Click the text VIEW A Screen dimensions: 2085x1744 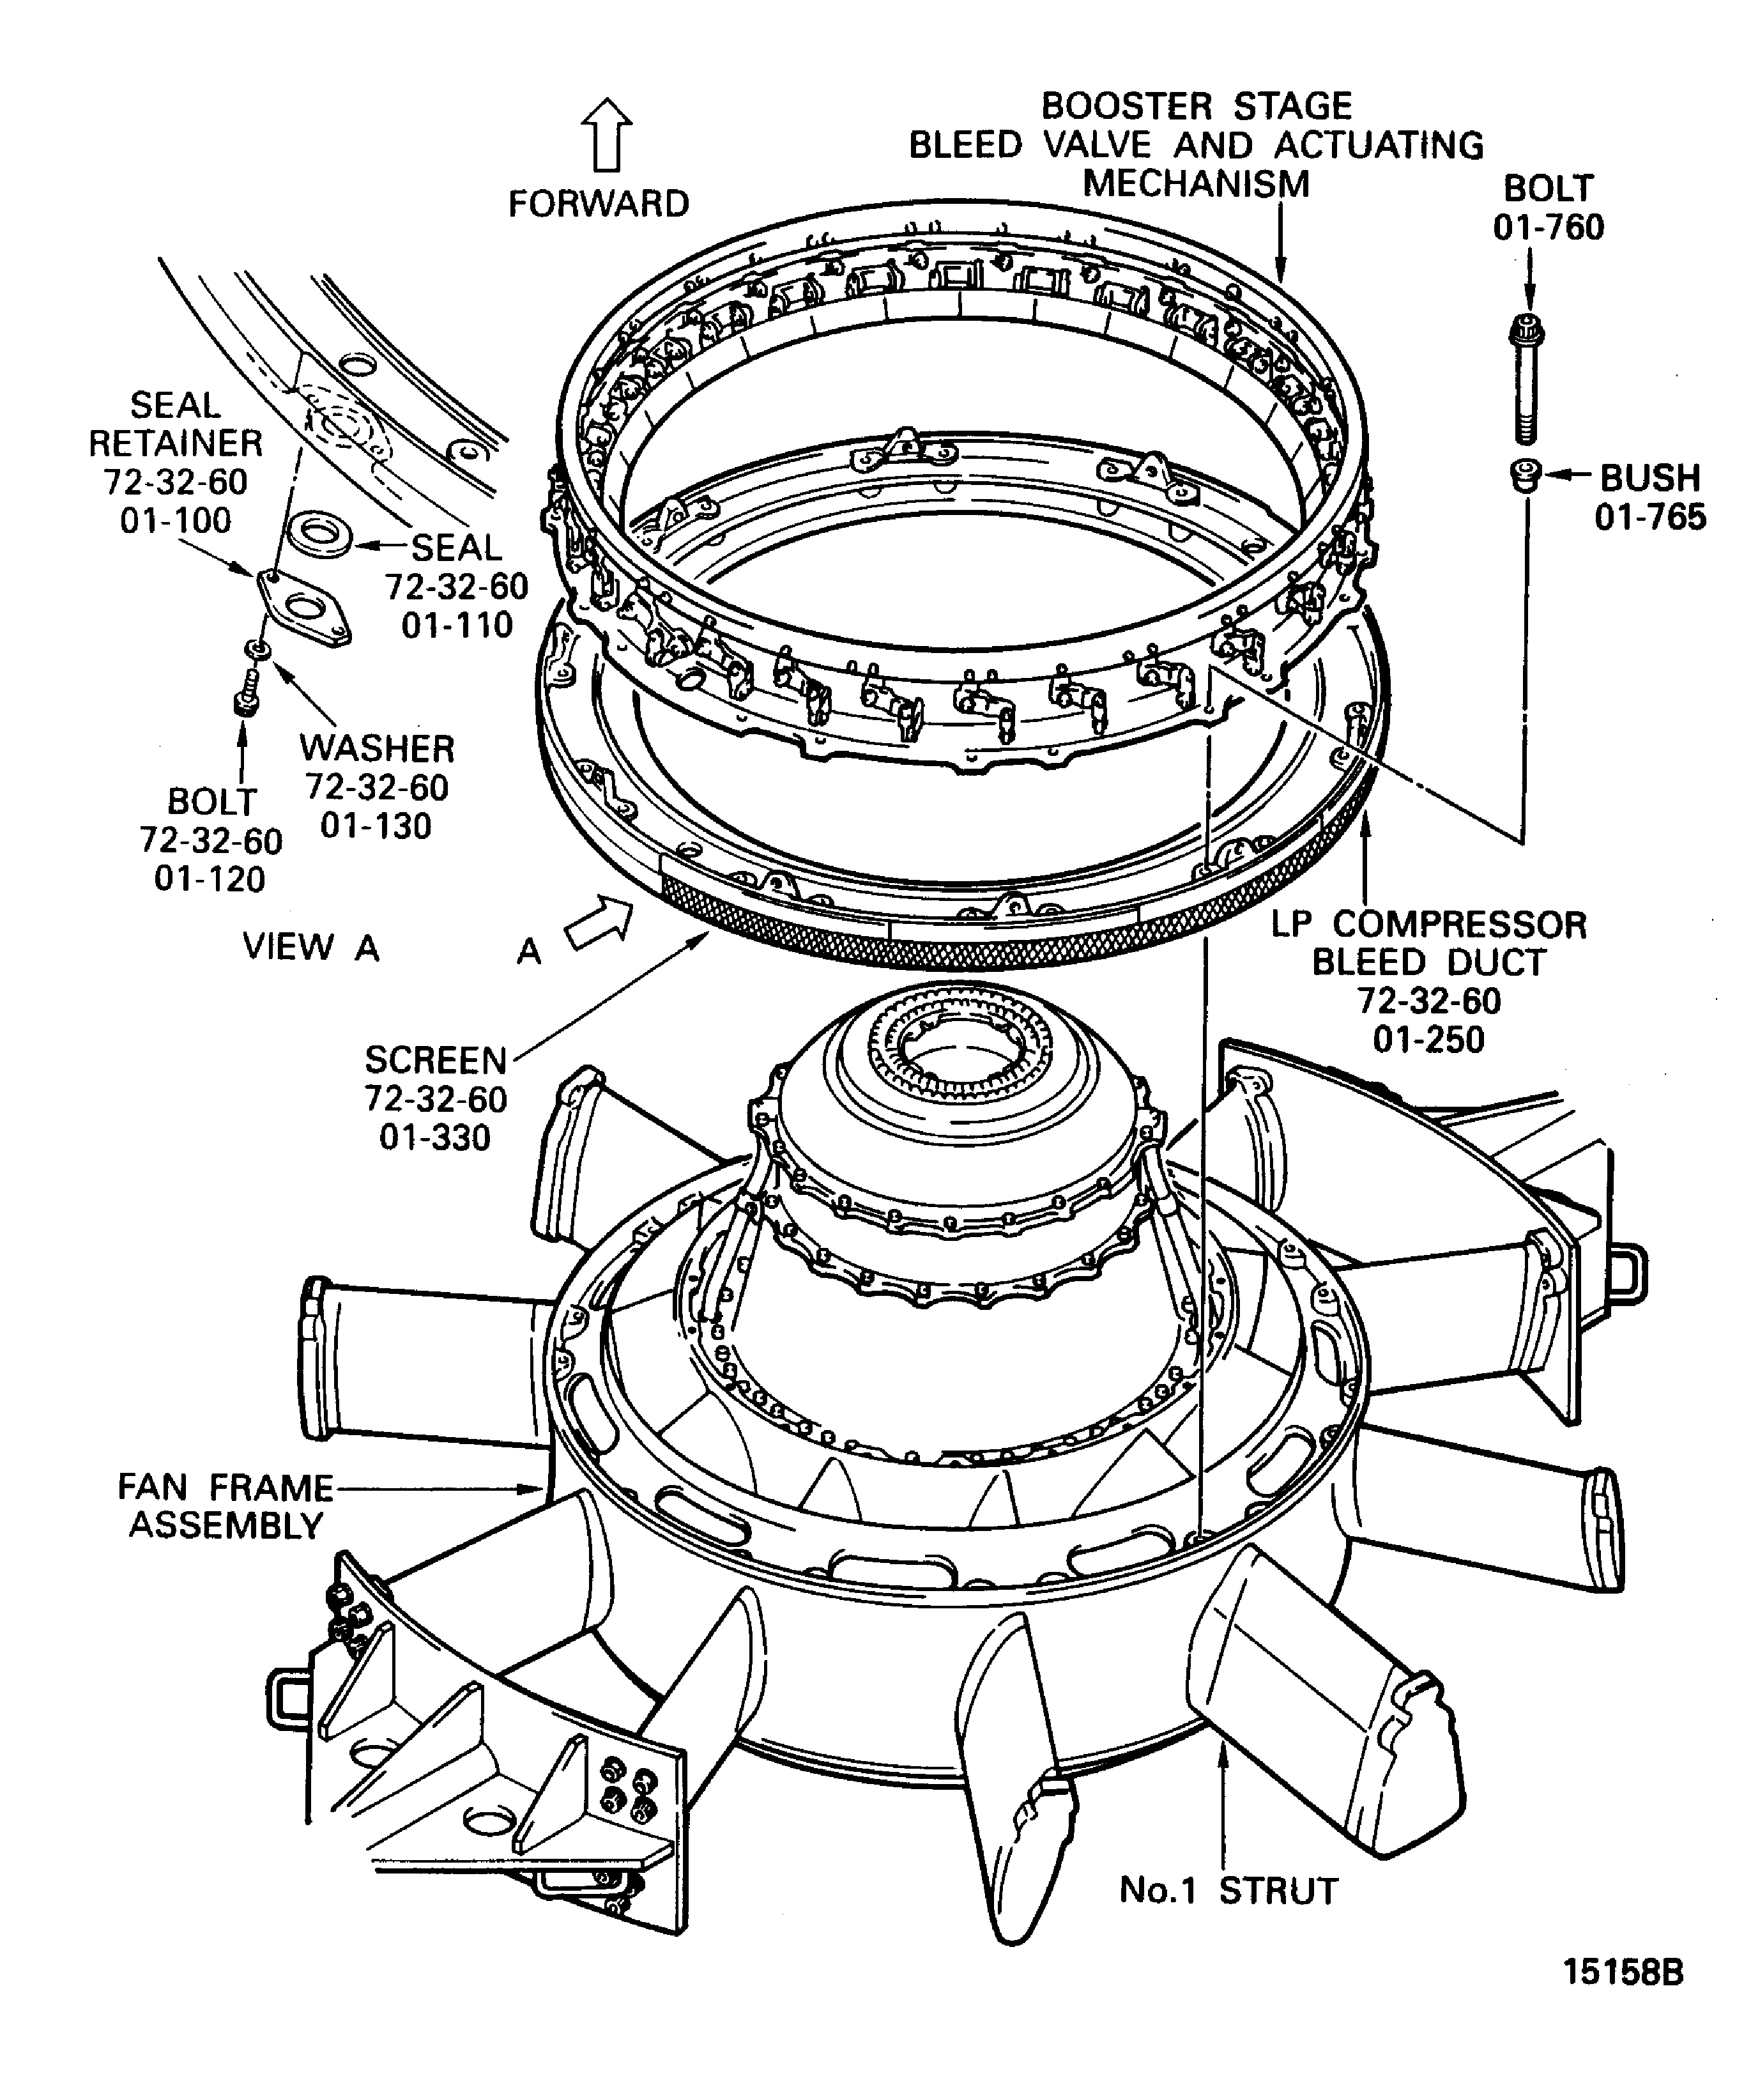click(310, 947)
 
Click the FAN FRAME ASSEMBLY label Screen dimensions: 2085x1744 click(226, 1505)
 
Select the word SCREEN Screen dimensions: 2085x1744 click(436, 1060)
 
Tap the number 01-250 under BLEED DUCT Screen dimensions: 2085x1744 click(1428, 1040)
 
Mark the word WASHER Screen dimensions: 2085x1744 click(376, 748)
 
